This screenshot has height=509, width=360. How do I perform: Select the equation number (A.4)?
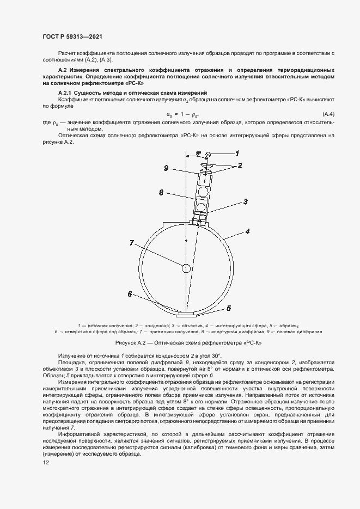[x=328, y=113]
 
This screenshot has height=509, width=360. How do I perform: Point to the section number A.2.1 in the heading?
[x=67, y=94]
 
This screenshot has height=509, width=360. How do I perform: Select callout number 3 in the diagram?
[x=246, y=201]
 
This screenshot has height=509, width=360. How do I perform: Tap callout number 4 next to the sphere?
[x=247, y=231]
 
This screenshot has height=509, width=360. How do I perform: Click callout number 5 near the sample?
[x=229, y=308]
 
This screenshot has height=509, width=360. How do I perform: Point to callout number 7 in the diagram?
[x=131, y=243]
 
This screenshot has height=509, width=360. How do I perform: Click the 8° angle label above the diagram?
[x=199, y=154]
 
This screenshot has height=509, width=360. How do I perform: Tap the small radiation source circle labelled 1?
[x=209, y=156]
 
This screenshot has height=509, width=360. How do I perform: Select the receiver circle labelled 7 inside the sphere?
[x=186, y=268]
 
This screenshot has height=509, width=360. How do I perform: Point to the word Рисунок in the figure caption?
[x=127, y=344]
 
